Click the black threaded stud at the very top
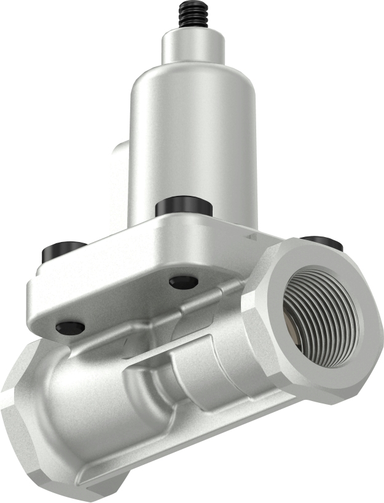click(192, 16)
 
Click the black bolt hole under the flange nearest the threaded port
click(184, 282)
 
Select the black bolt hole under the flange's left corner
click(70, 327)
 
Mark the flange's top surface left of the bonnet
click(104, 246)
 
